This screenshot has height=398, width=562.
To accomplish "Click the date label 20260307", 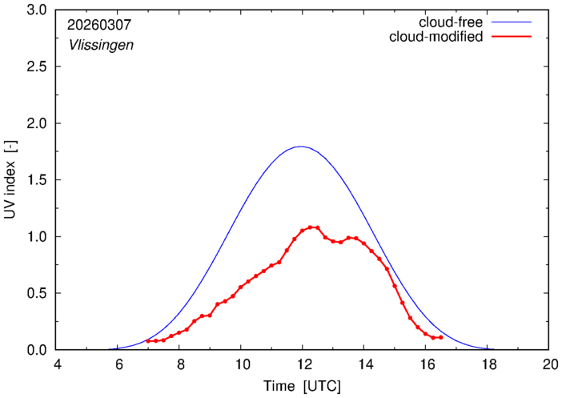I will [98, 26].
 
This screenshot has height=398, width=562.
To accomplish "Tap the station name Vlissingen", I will [100, 45].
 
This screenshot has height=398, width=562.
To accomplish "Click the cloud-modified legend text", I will [436, 37].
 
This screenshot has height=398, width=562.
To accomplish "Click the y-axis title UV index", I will [11, 180].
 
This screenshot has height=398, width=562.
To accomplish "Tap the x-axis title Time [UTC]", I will [302, 386].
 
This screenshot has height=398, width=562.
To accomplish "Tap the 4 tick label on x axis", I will [57, 365].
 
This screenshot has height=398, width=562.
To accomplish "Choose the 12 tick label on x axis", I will [303, 365].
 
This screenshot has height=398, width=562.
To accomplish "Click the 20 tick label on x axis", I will [548, 365].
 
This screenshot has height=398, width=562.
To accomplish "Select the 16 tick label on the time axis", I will [426, 365].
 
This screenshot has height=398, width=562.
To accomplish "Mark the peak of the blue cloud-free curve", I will [301, 147].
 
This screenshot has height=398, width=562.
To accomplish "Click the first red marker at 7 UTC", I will [148, 341].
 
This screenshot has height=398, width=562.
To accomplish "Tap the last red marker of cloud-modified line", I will [441, 337].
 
